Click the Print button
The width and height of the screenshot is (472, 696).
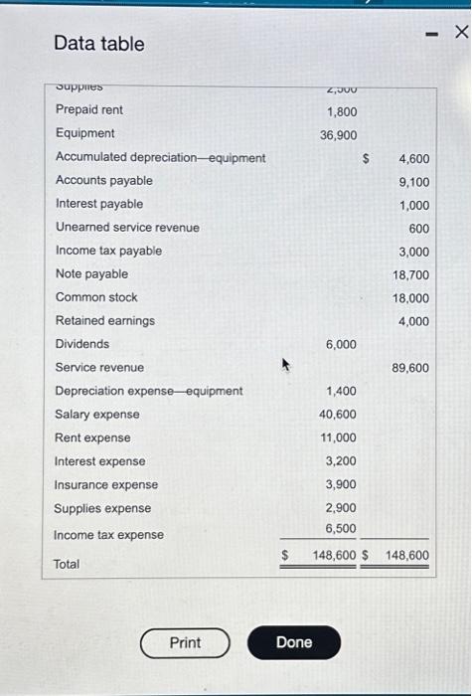pyautogui.click(x=185, y=642)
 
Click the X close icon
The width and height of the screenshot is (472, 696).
pyautogui.click(x=460, y=33)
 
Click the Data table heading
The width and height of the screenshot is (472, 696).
pyautogui.click(x=98, y=44)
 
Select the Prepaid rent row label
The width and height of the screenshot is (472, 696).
pyautogui.click(x=89, y=109)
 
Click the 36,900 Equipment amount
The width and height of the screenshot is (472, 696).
pyautogui.click(x=339, y=134)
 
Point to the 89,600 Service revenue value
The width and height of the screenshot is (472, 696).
pyautogui.click(x=410, y=368)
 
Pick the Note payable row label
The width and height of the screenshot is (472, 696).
pyautogui.click(x=91, y=273)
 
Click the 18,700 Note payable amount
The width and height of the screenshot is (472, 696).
pyautogui.click(x=410, y=274)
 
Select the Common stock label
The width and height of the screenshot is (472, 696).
pyautogui.click(x=96, y=297)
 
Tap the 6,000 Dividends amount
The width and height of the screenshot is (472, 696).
pyautogui.click(x=341, y=344)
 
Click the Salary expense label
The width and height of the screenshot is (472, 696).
pyautogui.click(x=97, y=415)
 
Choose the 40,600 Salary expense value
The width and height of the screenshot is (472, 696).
pyautogui.click(x=339, y=415)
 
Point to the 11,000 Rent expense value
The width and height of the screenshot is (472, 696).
pyautogui.click(x=339, y=438)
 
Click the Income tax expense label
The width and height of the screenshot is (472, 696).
pyautogui.click(x=109, y=535)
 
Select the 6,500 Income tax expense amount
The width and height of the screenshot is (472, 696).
pyautogui.click(x=341, y=528)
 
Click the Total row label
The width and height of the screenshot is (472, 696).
pyautogui.click(x=68, y=564)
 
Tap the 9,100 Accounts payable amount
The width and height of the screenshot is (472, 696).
pyautogui.click(x=413, y=182)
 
